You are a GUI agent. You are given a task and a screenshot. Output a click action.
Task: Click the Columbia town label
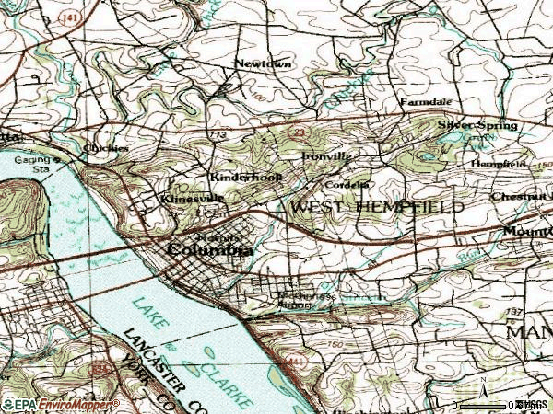click(x=210, y=250)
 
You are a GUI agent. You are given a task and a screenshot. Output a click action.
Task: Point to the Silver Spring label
click(x=477, y=124)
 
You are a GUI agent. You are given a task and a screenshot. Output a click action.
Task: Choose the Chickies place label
click(x=106, y=147)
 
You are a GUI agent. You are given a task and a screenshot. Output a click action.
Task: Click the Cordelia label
click(x=351, y=183)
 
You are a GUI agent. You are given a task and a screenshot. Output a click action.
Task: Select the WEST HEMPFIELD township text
click(x=377, y=208)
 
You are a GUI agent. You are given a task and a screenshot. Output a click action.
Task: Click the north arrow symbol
click(x=481, y=385)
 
